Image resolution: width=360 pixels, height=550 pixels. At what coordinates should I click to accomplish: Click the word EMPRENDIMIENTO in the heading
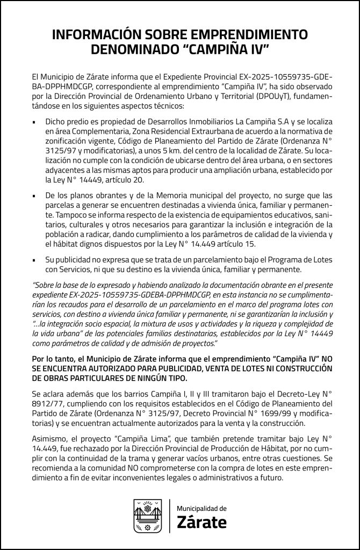pyautogui.click(x=247, y=35)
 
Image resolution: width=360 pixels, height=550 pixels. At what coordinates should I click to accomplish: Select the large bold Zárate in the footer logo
pyautogui.click(x=201, y=522)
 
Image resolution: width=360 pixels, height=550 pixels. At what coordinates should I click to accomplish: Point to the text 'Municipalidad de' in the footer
pyautogui.click(x=201, y=508)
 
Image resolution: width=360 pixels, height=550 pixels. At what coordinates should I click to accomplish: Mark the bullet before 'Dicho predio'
pyautogui.click(x=34, y=123)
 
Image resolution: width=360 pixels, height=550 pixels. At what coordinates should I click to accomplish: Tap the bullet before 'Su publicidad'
pyautogui.click(x=34, y=260)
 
